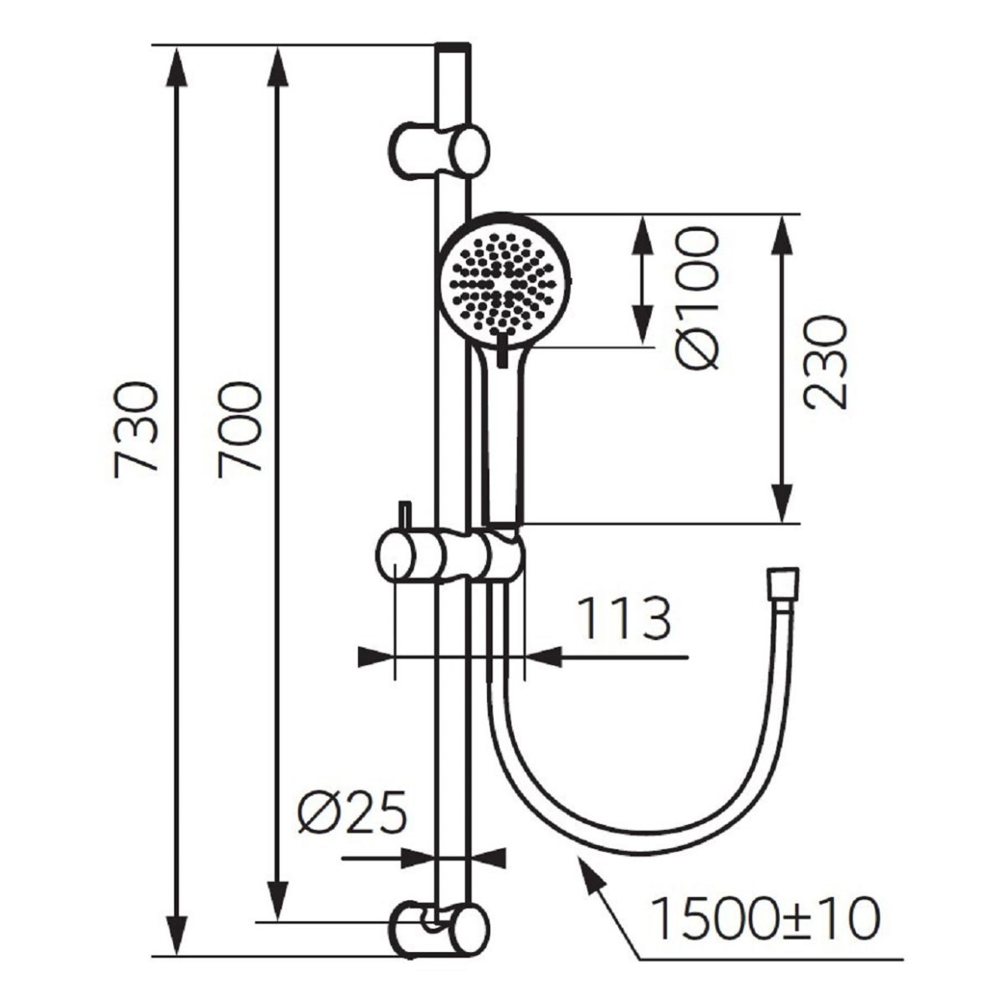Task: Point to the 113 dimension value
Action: (x=624, y=618)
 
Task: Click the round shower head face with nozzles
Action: (x=505, y=281)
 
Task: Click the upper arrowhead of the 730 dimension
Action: (x=177, y=65)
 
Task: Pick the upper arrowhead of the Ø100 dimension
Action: (x=643, y=233)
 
